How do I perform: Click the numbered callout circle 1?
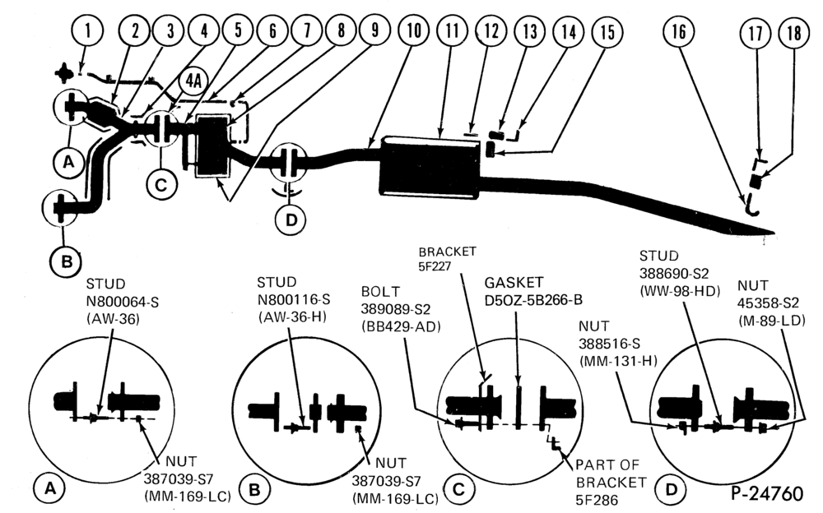tap(88, 30)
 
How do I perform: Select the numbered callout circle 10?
tap(414, 30)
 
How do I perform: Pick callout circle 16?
tap(679, 31)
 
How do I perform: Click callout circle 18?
tap(794, 34)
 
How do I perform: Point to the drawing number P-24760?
tap(767, 493)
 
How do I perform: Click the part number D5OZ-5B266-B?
tap(532, 300)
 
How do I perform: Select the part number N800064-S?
tap(123, 302)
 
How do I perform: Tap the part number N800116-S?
tap(294, 299)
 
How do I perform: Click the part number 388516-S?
tap(609, 344)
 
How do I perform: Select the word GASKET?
tap(514, 283)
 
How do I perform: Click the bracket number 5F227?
tap(435, 266)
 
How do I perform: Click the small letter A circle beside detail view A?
tap(50, 489)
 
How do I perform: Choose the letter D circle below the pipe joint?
tap(291, 220)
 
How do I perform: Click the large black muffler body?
tap(430, 168)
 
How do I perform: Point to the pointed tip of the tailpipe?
tap(774, 231)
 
